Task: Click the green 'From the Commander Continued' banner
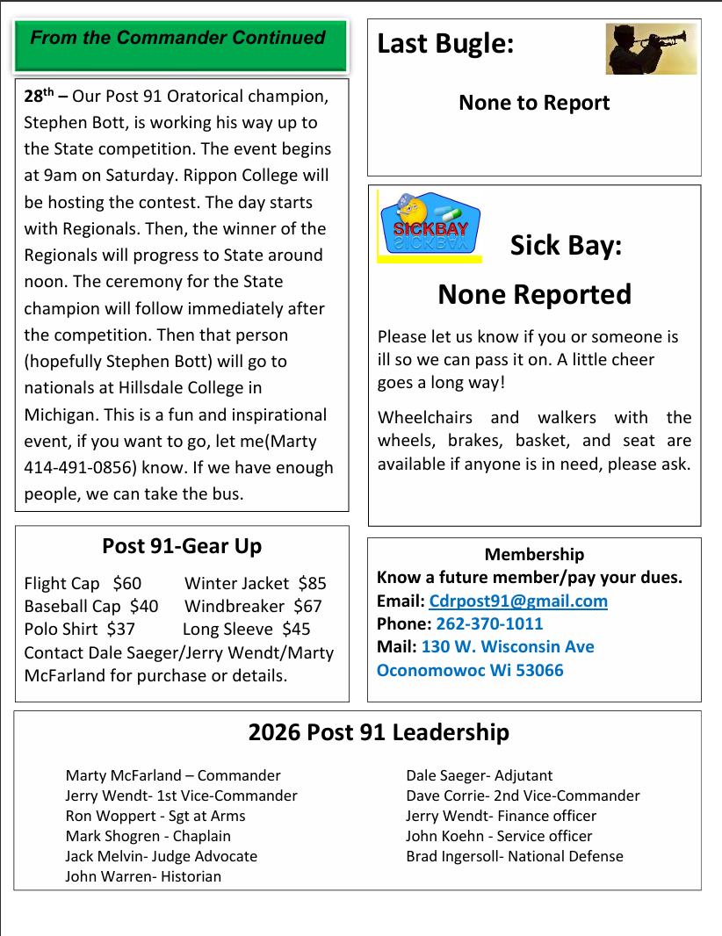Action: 181,47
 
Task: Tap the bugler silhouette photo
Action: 651,49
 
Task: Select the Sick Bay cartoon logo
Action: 430,227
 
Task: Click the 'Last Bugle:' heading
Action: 445,43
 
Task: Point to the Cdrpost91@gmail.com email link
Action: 518,601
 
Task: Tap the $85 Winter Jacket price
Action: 312,583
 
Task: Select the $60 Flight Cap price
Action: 126,583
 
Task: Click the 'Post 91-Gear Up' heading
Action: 182,546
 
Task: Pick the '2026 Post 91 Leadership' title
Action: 379,732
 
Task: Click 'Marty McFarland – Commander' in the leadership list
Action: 173,775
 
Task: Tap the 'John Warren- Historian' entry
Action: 143,876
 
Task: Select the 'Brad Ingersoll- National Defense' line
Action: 514,856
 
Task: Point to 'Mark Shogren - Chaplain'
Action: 148,836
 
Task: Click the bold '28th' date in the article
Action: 40,96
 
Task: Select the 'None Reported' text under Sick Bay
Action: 534,294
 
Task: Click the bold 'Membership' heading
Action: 534,554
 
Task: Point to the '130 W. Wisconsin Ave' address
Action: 508,647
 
